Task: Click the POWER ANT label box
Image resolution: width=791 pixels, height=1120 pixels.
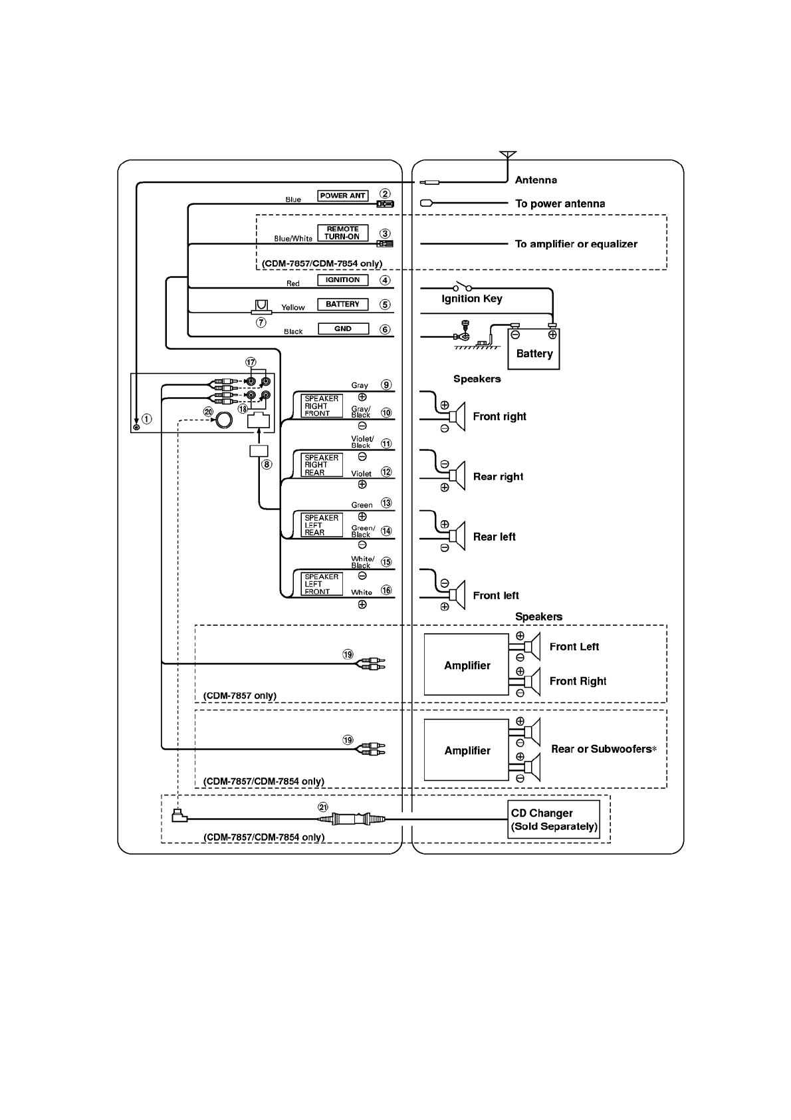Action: point(342,196)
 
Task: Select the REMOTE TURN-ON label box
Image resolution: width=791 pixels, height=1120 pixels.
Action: point(342,233)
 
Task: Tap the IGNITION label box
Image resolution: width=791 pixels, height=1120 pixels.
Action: point(342,280)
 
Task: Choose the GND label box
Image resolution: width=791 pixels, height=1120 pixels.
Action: point(342,329)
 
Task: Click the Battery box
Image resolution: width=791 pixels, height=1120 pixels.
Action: point(534,351)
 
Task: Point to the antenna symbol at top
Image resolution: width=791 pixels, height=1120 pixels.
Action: point(507,156)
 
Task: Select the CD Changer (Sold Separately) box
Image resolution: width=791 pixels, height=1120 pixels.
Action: point(554,819)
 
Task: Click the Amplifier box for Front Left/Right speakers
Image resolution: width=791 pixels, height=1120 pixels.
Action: point(467,665)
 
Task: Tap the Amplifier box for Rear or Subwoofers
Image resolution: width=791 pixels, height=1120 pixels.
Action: point(467,750)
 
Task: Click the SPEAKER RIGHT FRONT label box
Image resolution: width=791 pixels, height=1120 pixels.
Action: point(322,406)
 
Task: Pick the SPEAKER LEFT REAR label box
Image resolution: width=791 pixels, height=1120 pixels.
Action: point(322,525)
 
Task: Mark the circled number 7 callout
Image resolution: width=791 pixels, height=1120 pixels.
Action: point(261,323)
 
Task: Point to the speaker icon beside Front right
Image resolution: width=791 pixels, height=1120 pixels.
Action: point(457,417)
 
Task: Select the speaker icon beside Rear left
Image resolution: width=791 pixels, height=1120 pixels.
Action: point(457,537)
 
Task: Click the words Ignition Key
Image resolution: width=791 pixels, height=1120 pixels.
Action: point(472,299)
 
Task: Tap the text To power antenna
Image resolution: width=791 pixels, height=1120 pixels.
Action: point(560,204)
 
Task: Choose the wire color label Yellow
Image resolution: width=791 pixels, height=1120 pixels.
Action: point(293,307)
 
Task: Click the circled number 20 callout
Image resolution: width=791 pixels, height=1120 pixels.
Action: point(209,412)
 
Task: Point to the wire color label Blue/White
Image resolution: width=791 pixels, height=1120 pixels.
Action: point(293,238)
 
